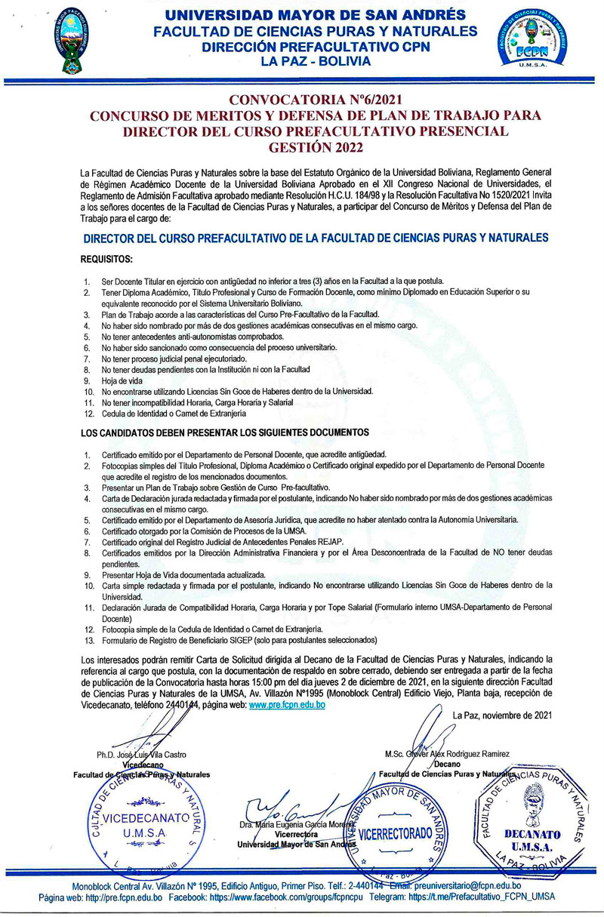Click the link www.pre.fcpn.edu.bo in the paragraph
[x=287, y=705]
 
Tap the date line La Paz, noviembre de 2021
[x=503, y=715]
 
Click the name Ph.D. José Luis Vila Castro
[x=141, y=754]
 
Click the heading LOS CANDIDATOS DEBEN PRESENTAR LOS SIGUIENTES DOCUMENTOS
[x=224, y=432]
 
